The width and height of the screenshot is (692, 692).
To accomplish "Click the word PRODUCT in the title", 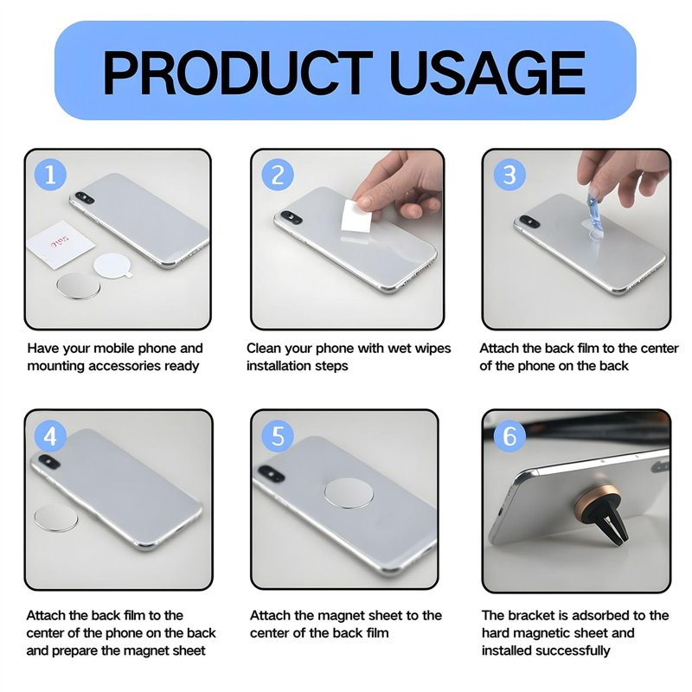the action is click(237, 73).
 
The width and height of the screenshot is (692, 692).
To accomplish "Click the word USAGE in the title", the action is click(488, 73).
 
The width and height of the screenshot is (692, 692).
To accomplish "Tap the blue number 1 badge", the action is click(51, 175).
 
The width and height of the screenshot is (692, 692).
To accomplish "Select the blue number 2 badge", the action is click(278, 175).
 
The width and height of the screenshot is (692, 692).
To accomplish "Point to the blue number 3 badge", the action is click(509, 175).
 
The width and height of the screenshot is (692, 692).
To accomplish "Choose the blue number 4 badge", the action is click(51, 437).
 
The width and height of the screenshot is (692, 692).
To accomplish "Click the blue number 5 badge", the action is click(278, 436).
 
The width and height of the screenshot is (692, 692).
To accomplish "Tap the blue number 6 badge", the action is click(509, 436).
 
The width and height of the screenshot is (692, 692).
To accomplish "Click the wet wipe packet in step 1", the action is click(61, 244).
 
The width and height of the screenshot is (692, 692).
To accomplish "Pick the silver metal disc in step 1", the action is click(79, 285).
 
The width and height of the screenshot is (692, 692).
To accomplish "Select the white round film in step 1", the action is click(112, 266).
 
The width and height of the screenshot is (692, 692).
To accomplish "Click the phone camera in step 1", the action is click(84, 197).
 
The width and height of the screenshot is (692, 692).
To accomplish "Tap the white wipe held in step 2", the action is click(357, 216).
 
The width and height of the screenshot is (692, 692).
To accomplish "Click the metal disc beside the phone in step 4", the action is click(56, 518).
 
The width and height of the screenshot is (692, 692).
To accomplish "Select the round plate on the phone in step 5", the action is click(349, 493).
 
